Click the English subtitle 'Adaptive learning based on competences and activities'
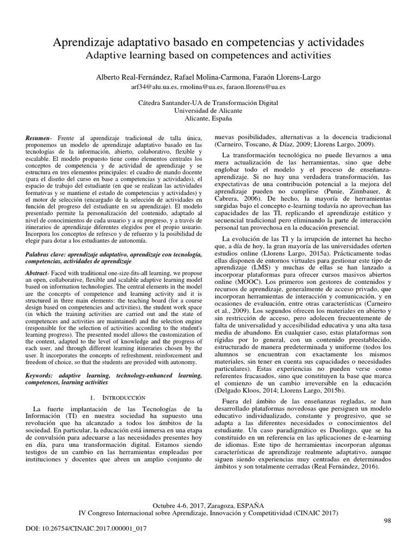(x=208, y=55)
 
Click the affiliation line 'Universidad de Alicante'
(x=208, y=110)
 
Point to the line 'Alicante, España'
(x=208, y=118)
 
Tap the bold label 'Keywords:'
(x=43, y=360)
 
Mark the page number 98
(x=387, y=520)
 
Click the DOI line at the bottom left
(x=86, y=528)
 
